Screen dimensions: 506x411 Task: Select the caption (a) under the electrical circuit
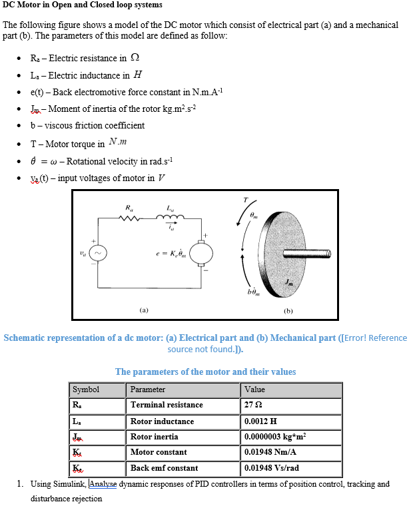(144, 310)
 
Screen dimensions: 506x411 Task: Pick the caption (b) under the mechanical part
(288, 310)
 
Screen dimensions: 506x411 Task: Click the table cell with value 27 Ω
(292, 405)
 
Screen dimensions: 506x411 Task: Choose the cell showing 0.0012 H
(292, 421)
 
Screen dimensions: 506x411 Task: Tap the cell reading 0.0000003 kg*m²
(292, 437)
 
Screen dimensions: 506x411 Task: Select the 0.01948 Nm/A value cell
(292, 452)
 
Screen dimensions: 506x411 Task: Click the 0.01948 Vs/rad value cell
(292, 468)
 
